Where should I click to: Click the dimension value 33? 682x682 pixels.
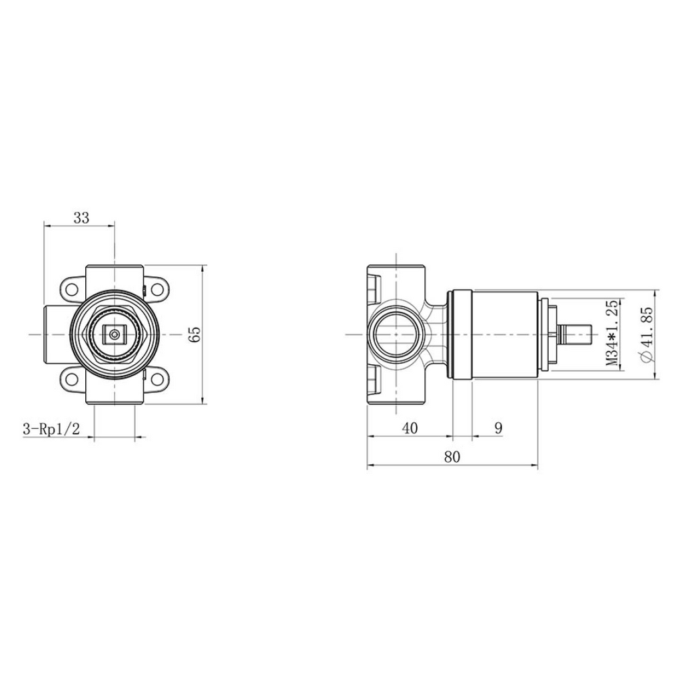click(x=81, y=217)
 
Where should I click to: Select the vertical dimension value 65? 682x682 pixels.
click(x=195, y=334)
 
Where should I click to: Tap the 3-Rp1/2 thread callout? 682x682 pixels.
click(x=51, y=430)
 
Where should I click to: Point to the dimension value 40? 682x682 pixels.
click(x=410, y=428)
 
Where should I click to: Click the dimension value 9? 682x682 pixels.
click(x=498, y=428)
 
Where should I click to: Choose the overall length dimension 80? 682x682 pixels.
click(x=452, y=457)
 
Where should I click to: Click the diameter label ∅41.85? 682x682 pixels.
click(x=647, y=334)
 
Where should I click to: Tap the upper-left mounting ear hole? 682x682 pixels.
click(x=73, y=289)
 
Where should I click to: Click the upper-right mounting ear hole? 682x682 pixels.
click(x=156, y=289)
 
